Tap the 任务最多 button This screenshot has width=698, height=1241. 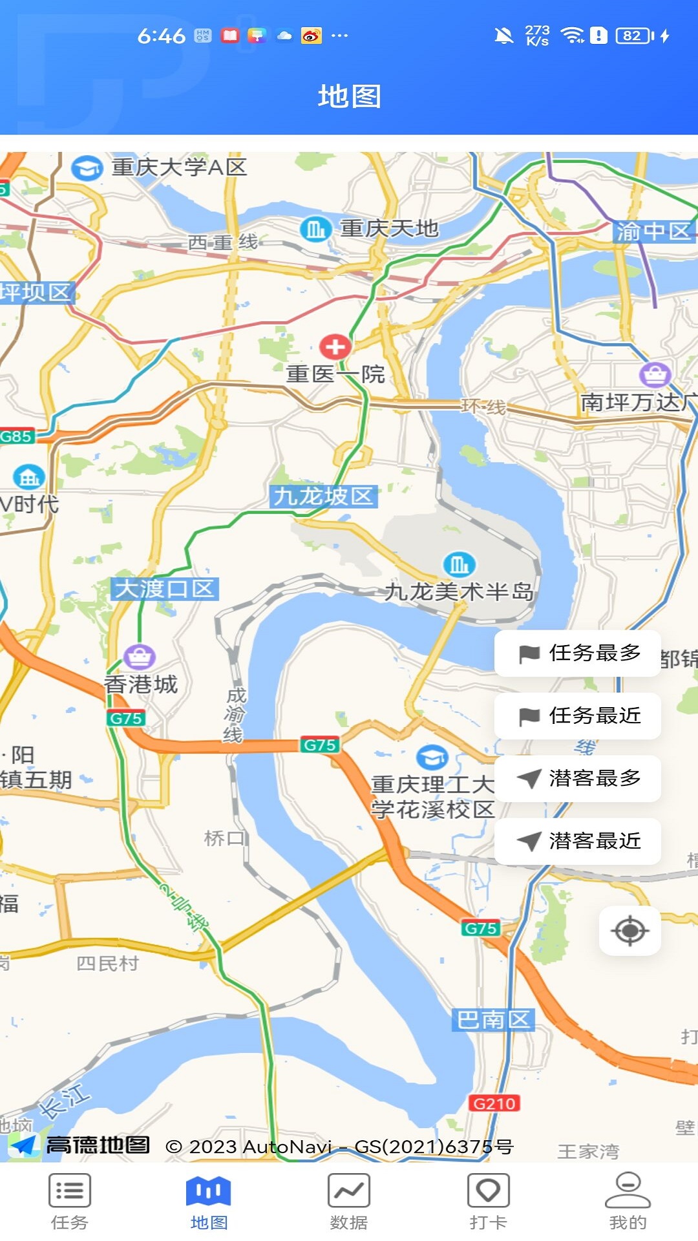(x=578, y=653)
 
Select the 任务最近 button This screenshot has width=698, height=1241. (x=578, y=716)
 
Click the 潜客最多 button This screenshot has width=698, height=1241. (x=578, y=779)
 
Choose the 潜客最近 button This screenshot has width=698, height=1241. (x=578, y=842)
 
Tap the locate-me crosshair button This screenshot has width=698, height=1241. (x=630, y=931)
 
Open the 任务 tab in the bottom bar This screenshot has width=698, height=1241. (x=70, y=1201)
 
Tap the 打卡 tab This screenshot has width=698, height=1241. (x=489, y=1201)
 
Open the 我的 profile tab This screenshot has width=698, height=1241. (x=628, y=1201)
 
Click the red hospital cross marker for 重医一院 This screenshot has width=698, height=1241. (x=335, y=347)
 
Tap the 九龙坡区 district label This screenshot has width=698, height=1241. (x=323, y=496)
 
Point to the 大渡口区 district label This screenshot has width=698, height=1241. (x=165, y=589)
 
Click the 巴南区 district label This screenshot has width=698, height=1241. (x=493, y=1019)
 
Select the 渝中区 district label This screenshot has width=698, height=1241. (x=653, y=231)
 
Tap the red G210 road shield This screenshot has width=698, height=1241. (x=494, y=1103)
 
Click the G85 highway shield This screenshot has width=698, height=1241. (x=16, y=436)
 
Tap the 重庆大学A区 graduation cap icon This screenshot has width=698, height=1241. (x=87, y=169)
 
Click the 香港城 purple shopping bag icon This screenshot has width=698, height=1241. (x=140, y=657)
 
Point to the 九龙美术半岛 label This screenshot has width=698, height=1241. (x=459, y=591)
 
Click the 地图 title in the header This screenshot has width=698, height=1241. (x=349, y=96)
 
